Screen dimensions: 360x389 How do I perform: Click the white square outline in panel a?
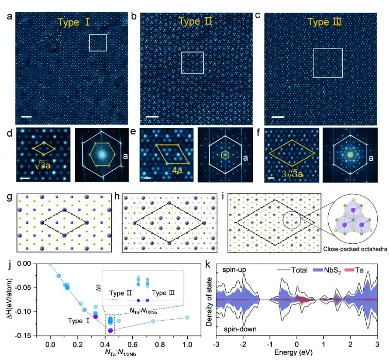coord(98,42)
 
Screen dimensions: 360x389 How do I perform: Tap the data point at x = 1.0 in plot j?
coord(187,318)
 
